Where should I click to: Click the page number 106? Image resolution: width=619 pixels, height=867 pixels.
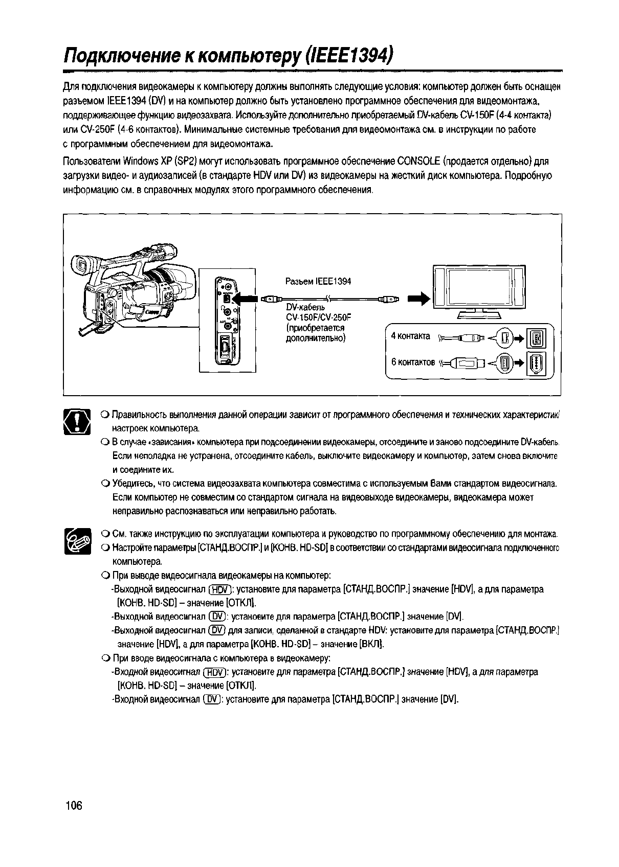tap(74, 806)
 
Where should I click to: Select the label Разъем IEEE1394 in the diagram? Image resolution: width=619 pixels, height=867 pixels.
tap(317, 281)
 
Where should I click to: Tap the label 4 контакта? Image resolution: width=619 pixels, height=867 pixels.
tap(410, 336)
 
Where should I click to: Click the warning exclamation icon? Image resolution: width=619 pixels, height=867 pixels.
tap(77, 422)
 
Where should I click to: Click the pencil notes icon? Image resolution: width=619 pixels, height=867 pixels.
tap(77, 541)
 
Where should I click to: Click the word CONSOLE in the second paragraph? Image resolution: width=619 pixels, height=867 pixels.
tap(418, 162)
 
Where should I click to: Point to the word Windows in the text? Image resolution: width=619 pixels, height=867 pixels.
tap(141, 162)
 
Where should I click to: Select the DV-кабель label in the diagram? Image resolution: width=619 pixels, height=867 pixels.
tap(305, 308)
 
